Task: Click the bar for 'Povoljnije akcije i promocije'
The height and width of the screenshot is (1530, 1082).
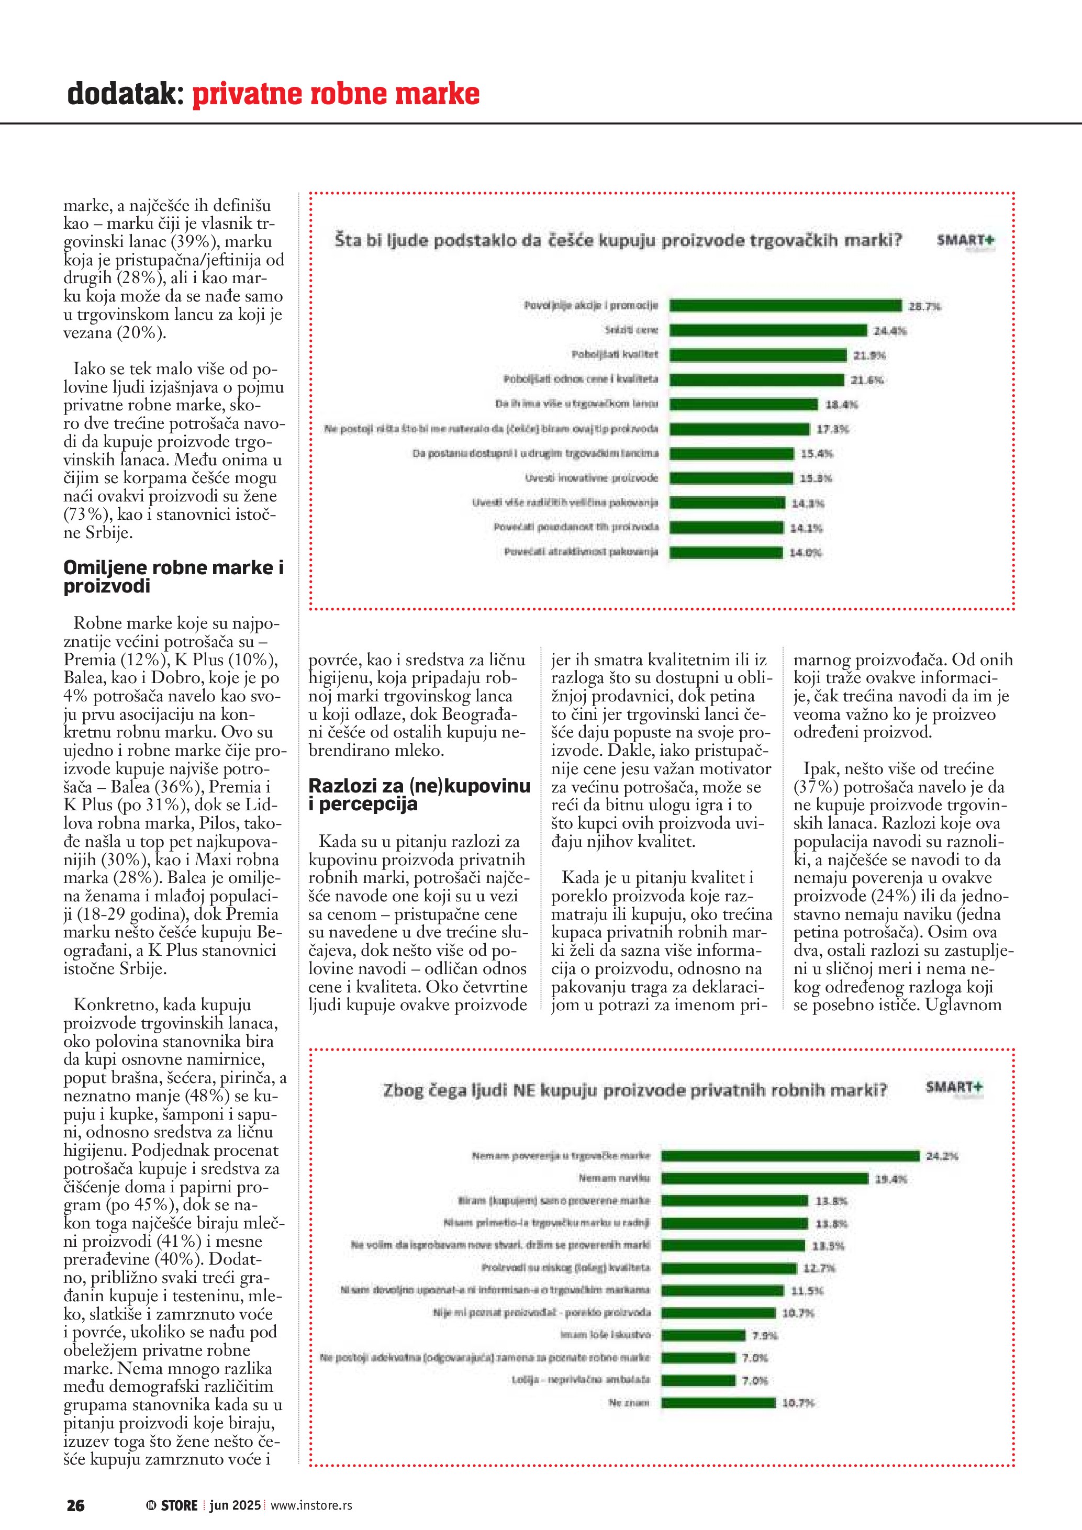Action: tap(785, 306)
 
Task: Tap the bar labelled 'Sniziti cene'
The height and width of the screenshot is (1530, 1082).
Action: tap(767, 330)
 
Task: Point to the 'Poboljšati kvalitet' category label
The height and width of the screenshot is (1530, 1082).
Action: tap(615, 354)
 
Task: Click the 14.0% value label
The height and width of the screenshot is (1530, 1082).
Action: tap(806, 552)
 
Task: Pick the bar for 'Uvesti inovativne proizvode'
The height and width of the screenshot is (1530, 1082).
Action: tap(731, 478)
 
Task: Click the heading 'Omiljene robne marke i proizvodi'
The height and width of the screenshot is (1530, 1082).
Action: tap(173, 577)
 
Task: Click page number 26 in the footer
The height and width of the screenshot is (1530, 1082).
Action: tap(75, 1505)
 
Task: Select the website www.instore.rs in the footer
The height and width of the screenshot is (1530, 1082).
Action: tap(311, 1505)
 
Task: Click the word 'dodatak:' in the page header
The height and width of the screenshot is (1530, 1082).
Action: tap(125, 94)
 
